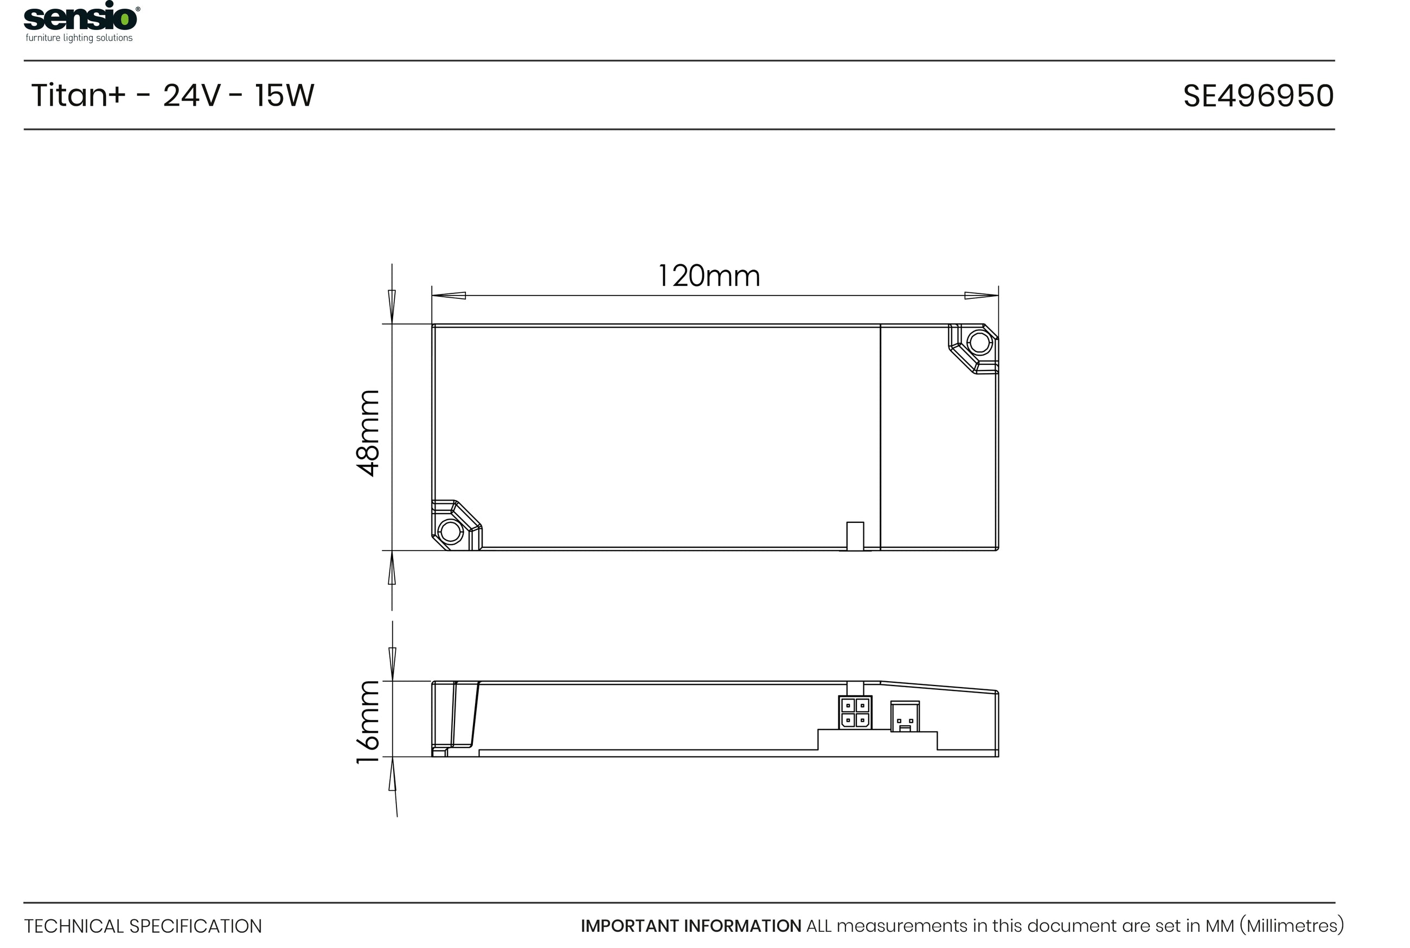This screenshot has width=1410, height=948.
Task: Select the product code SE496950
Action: pos(1258,96)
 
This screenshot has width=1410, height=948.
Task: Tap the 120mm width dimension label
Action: pos(708,276)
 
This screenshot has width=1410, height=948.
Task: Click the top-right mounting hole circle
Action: pos(980,343)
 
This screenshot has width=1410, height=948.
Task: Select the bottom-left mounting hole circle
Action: pos(450,532)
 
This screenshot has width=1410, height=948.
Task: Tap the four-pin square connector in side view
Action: pos(855,712)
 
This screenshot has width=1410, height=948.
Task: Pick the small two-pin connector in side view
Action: pos(905,716)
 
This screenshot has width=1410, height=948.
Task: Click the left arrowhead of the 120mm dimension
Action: pos(448,296)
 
